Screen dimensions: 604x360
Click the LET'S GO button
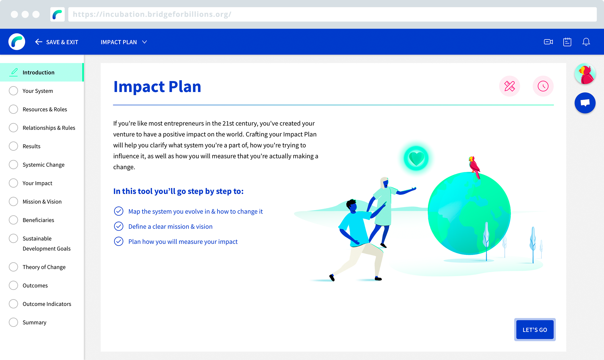point(535,330)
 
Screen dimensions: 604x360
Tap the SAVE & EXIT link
point(57,42)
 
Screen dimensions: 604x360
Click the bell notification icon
point(586,42)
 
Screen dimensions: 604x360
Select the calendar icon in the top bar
point(567,42)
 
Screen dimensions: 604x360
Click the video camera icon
point(548,42)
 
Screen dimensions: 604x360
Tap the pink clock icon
point(543,86)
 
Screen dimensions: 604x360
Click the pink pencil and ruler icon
point(509,86)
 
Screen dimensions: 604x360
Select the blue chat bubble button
point(585,103)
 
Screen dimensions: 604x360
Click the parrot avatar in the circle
point(585,74)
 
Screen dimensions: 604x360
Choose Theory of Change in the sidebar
point(44,267)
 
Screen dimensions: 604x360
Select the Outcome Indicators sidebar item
point(47,304)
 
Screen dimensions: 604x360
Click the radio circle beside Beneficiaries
point(13,220)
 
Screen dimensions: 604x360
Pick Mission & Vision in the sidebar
point(42,202)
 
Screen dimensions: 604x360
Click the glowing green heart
point(416,158)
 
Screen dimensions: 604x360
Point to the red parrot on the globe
point(474,167)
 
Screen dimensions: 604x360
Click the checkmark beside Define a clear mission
point(119,226)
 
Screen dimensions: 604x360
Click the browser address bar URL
point(152,14)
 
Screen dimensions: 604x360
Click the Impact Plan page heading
point(157,87)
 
